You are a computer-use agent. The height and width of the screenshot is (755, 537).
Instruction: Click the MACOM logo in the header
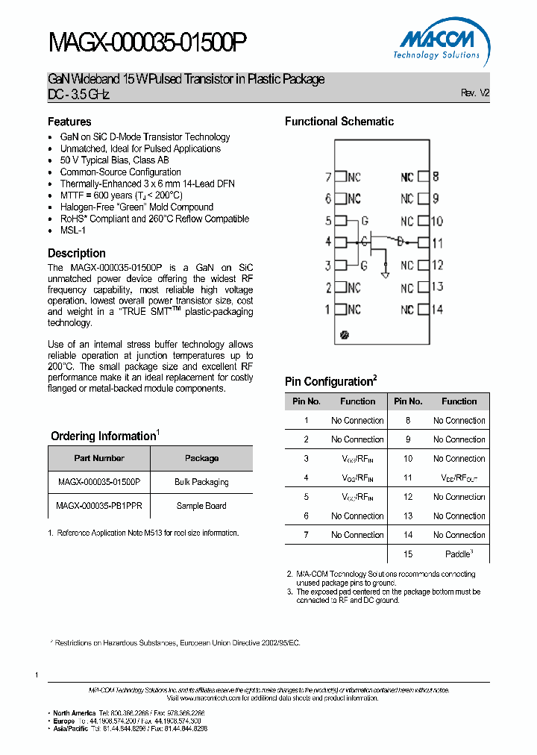point(440,44)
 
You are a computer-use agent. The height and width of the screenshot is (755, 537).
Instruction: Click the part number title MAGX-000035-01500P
point(147,44)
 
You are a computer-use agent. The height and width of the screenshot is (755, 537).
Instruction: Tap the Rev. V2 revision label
point(475,93)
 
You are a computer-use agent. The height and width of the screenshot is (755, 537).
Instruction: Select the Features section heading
point(69,122)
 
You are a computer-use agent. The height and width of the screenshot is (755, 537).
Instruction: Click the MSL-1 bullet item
point(73,231)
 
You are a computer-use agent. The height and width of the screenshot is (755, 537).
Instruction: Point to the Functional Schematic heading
point(339,122)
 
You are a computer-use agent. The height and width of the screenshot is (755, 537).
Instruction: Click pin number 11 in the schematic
point(438,242)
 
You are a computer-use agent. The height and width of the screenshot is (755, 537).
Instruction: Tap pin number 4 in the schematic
point(327,242)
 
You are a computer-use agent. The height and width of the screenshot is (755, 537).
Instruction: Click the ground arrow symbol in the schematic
point(385,273)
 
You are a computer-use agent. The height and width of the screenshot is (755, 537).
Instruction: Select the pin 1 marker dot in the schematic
point(344,336)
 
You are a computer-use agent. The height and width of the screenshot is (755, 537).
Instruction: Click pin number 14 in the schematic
point(438,309)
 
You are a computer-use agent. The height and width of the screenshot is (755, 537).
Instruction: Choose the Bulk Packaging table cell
point(201,482)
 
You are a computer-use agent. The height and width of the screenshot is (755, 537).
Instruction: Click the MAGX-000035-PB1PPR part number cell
point(99,506)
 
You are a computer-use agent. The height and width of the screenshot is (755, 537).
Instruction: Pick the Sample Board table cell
point(201,506)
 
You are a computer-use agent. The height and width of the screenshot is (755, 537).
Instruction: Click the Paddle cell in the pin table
point(459,554)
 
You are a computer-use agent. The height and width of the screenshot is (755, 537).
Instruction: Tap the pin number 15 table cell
point(408,554)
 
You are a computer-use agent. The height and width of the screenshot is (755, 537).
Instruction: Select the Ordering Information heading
point(104,436)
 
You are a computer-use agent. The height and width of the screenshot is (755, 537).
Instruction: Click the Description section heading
point(77,253)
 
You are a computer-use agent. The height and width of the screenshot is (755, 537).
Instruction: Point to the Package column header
point(201,458)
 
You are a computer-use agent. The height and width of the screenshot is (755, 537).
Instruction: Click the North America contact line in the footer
point(127,712)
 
